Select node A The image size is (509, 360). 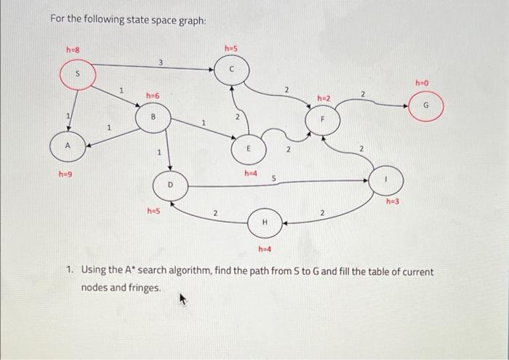(68, 145)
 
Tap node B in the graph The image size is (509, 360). (153, 117)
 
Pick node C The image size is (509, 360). (231, 70)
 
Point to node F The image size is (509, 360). (324, 119)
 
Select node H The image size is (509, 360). (265, 222)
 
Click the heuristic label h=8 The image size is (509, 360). (73, 50)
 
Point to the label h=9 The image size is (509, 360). (65, 175)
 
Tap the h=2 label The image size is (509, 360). (324, 97)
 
